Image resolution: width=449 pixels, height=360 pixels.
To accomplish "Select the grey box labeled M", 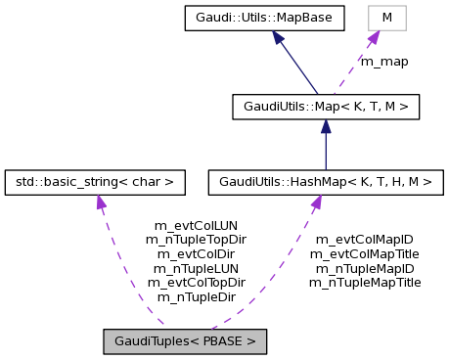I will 386,18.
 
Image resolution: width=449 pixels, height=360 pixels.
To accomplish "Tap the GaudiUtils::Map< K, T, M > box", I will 326,107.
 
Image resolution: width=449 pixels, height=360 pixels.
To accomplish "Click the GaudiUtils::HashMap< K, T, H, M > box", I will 325,181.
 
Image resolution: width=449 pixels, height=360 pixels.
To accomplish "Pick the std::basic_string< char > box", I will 95,181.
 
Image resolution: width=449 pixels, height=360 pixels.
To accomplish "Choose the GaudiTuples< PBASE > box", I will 185,341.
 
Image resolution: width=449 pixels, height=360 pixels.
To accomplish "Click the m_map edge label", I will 384,61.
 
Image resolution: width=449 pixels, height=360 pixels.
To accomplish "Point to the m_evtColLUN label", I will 197,224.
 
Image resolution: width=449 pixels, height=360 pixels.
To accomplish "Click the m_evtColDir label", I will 196,252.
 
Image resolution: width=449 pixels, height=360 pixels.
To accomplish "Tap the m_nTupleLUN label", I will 196,267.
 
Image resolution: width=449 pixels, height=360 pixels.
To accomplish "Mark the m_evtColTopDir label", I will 196,282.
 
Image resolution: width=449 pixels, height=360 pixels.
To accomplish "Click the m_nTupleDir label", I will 196,296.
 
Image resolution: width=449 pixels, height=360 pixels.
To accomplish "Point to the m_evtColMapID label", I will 365,238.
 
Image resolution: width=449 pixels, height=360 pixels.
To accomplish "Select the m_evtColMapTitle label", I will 365,252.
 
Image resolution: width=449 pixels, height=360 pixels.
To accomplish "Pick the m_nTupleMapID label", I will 365,267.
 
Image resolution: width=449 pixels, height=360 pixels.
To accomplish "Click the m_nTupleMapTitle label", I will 365,282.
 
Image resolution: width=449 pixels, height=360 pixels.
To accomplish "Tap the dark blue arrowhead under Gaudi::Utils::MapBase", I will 280,38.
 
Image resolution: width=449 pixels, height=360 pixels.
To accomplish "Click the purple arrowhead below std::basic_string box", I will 100,202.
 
